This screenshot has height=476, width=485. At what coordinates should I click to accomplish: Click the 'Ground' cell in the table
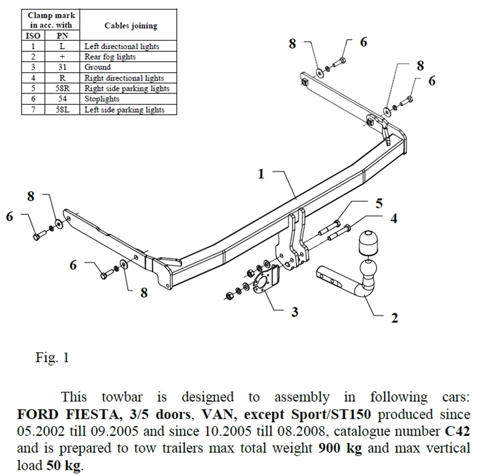click(x=97, y=67)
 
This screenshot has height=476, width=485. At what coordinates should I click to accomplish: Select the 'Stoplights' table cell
click(x=102, y=99)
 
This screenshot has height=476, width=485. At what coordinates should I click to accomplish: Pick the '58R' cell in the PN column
click(x=62, y=88)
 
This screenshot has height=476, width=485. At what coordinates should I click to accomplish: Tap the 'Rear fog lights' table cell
click(x=110, y=57)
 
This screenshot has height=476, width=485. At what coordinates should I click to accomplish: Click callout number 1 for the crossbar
click(x=261, y=173)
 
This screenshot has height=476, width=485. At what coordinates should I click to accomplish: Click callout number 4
click(x=394, y=218)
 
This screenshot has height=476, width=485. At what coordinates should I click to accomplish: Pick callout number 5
click(x=378, y=203)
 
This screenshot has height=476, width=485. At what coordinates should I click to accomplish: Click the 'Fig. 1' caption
click(x=52, y=358)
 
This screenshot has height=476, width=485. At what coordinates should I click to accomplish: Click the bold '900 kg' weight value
click(x=339, y=447)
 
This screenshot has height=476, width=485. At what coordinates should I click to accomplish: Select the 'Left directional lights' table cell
click(x=122, y=47)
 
